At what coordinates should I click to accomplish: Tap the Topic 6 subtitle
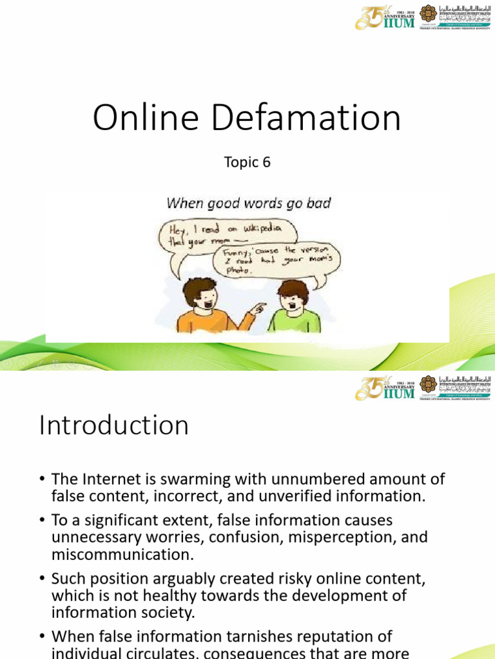pos(247,162)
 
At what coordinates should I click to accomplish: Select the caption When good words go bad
pos(248,203)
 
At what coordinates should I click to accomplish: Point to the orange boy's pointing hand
pos(258,308)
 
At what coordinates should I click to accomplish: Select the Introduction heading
pos(113,425)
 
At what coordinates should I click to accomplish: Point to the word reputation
pos(331,636)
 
